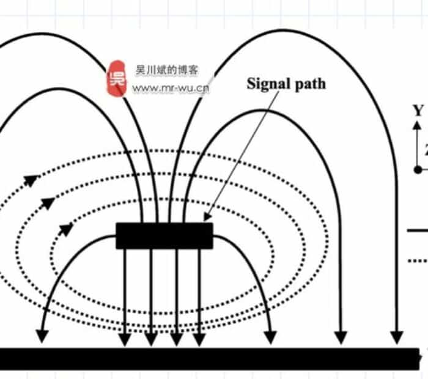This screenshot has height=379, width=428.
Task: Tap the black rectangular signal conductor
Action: click(x=164, y=236)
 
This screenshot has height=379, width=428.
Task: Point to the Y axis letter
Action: click(x=418, y=111)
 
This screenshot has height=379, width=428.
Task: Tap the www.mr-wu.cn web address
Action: click(x=171, y=89)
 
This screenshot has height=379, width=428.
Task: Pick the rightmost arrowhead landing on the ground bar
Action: click(x=397, y=337)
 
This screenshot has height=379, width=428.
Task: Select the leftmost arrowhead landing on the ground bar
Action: click(x=42, y=336)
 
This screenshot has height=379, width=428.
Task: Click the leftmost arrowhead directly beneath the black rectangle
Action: click(x=125, y=338)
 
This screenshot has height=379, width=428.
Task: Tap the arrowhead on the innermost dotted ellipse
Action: click(x=66, y=229)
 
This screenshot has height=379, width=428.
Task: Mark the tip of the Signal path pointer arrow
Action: click(x=206, y=219)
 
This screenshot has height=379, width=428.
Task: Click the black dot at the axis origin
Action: click(x=418, y=169)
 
